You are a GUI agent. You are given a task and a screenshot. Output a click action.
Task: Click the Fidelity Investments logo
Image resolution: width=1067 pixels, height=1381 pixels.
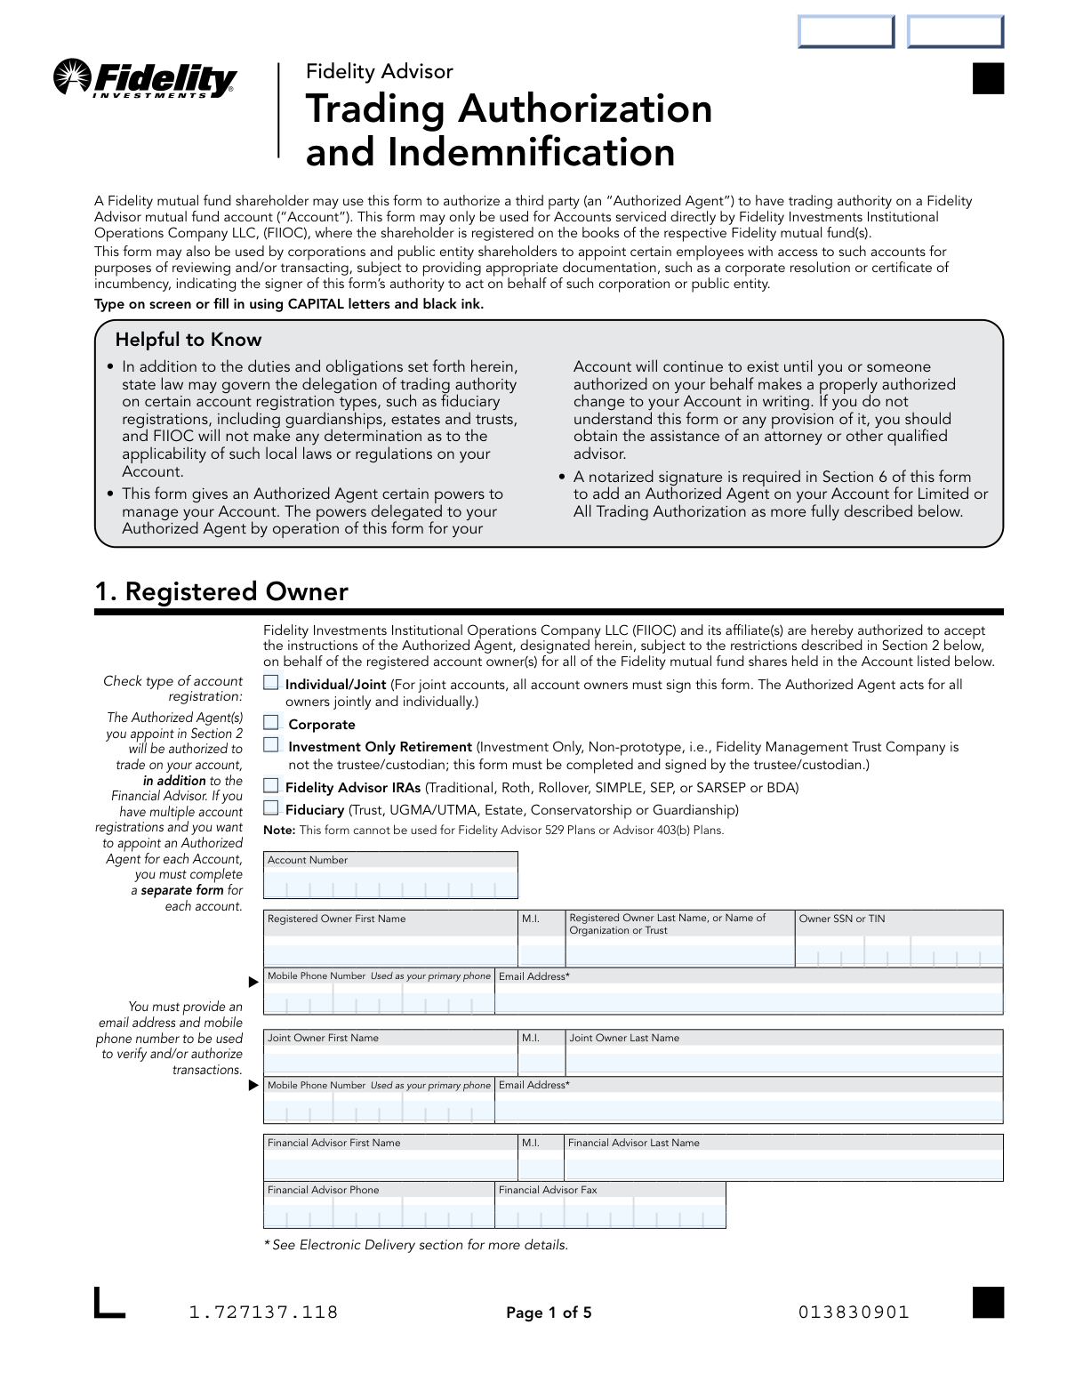pyautogui.click(x=145, y=79)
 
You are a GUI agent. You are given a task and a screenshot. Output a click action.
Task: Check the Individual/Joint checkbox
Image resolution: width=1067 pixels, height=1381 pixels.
pyautogui.click(x=271, y=683)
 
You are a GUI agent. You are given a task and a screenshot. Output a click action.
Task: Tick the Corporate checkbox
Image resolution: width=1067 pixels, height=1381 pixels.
pyautogui.click(x=271, y=723)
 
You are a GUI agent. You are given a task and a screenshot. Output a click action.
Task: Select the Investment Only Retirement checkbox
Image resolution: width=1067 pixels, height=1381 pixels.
pyautogui.click(x=271, y=745)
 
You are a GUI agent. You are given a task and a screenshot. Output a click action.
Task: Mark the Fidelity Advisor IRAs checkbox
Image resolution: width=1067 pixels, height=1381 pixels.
pyautogui.click(x=271, y=785)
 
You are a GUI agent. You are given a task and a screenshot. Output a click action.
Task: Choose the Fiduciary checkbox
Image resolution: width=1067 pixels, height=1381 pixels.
pyautogui.click(x=271, y=807)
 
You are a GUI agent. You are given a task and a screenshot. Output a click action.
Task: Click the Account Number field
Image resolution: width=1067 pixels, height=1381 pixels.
pyautogui.click(x=390, y=884)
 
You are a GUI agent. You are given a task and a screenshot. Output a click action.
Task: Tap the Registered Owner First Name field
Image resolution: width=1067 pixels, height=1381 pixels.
pyautogui.click(x=390, y=951)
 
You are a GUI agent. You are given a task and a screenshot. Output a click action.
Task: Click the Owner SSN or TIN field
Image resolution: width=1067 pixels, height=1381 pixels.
pyautogui.click(x=898, y=952)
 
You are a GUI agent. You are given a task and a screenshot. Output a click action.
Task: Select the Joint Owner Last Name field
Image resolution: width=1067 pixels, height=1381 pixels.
pyautogui.click(x=783, y=1061)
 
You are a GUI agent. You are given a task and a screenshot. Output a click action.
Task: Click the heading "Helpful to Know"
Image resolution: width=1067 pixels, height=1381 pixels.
pyautogui.click(x=189, y=340)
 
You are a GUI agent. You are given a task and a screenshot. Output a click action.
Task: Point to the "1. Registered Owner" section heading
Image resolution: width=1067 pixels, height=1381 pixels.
pyautogui.click(x=221, y=592)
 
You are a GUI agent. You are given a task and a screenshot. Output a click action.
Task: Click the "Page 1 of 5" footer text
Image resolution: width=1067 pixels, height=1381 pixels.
pyautogui.click(x=549, y=1313)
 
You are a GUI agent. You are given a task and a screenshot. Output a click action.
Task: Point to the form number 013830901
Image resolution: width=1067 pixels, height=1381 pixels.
pyautogui.click(x=854, y=1313)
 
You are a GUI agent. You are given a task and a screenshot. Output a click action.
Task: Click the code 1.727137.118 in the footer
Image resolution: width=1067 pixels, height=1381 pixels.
pyautogui.click(x=263, y=1313)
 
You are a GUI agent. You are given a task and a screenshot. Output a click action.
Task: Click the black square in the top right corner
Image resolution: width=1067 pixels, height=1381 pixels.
pyautogui.click(x=988, y=78)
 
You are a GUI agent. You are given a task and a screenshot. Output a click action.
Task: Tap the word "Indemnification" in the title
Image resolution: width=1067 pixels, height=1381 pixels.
pyautogui.click(x=531, y=153)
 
